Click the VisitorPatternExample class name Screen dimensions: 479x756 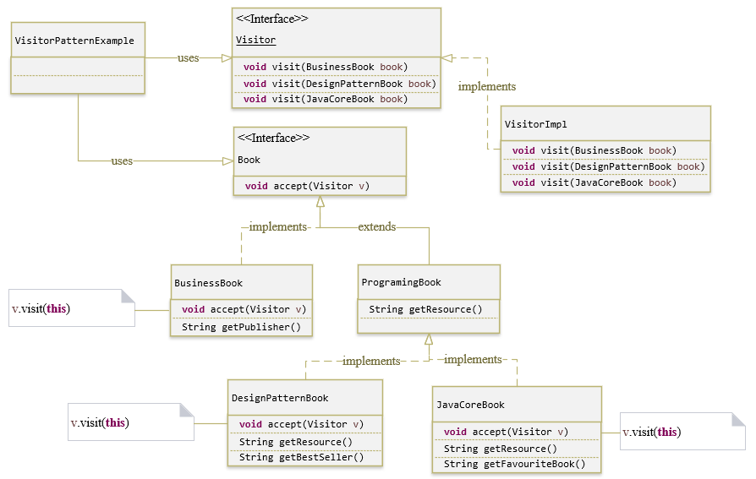coord(74,41)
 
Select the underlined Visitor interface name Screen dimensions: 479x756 coord(255,40)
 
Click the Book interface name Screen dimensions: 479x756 coord(249,160)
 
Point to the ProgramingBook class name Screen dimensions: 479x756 coord(401,282)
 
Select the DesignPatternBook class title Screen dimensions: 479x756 coord(279,398)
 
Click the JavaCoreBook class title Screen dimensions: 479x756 coord(470,405)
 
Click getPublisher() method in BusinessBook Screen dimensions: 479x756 coord(241,327)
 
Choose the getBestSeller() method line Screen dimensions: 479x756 coord(301,457)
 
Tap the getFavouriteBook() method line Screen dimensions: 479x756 coord(514,464)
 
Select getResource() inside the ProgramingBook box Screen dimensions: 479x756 coord(425,309)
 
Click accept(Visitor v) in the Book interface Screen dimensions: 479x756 coord(307,186)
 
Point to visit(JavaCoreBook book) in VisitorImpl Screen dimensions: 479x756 coord(594,182)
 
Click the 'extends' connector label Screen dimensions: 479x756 coord(376,227)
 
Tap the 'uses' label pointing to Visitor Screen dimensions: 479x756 coord(188,58)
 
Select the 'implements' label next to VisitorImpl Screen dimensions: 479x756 coord(486,86)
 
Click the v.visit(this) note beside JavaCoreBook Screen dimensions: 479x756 coord(651,432)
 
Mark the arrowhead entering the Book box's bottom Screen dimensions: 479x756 coord(319,202)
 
